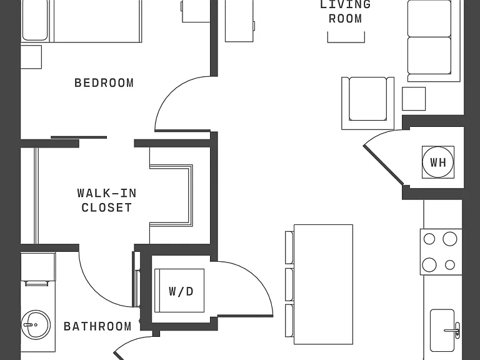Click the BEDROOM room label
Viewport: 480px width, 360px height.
(x=104, y=83)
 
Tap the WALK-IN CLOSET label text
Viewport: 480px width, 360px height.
(x=107, y=200)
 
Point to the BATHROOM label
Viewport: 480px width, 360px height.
(x=97, y=326)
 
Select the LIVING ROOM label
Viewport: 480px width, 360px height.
(x=345, y=11)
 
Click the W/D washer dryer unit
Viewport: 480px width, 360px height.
(x=179, y=291)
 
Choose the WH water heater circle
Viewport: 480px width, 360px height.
(x=437, y=162)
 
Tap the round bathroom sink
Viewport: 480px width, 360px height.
(x=36, y=325)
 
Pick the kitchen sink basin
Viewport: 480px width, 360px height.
(x=442, y=330)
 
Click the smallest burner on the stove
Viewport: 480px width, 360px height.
(x=450, y=265)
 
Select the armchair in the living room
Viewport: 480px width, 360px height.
(x=367, y=103)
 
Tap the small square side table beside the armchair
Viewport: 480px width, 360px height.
(x=414, y=99)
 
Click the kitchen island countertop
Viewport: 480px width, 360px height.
(x=323, y=284)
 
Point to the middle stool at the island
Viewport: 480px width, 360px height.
(x=289, y=285)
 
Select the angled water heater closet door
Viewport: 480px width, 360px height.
(x=383, y=165)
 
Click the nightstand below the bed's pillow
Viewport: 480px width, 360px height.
(x=31, y=57)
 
